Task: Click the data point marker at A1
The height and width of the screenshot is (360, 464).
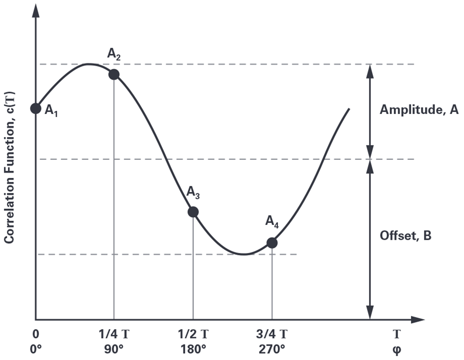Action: [36, 108]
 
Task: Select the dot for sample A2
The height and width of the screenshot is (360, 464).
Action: [114, 74]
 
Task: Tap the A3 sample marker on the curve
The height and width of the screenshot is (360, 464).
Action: [193, 212]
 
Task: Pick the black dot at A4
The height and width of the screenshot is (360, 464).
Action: [272, 243]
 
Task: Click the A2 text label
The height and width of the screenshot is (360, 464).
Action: [114, 54]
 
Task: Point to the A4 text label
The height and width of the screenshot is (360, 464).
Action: [272, 222]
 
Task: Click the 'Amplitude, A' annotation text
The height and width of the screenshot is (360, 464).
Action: [419, 110]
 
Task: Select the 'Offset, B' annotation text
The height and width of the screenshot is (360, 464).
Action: [405, 236]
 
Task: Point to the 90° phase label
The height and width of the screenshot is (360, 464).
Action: [114, 350]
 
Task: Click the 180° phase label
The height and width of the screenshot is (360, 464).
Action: [193, 350]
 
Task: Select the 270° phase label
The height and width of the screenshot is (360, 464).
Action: [272, 350]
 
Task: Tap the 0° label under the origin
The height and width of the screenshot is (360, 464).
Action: [36, 350]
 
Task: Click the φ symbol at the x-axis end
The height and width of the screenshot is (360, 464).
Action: [397, 351]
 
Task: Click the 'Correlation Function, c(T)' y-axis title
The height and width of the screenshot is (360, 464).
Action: [9, 168]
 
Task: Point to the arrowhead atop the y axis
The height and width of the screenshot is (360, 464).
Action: [36, 11]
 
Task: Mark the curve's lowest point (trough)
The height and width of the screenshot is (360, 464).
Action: [243, 254]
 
